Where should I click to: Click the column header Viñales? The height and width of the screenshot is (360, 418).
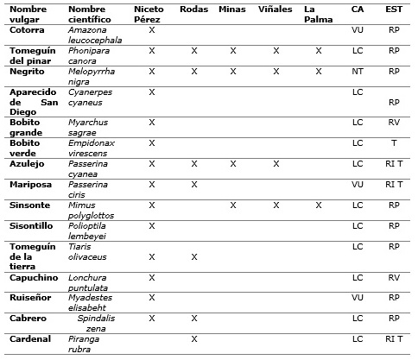(275, 9)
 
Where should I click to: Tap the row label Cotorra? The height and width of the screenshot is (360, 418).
(27, 29)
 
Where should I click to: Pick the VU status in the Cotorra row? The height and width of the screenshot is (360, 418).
(358, 29)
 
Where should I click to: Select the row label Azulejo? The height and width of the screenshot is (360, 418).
(27, 162)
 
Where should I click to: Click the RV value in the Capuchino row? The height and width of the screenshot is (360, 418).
(394, 278)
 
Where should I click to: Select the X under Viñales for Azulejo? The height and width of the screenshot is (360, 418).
(275, 162)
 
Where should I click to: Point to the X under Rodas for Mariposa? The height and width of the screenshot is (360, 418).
(193, 184)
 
